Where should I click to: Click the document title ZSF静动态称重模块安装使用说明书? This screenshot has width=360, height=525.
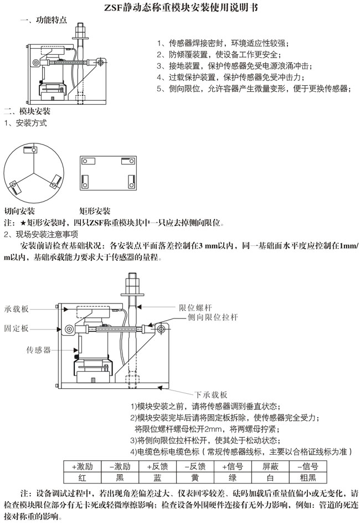click(180, 8)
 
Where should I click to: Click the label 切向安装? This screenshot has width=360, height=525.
click(19, 211)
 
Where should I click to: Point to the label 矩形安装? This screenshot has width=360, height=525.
click(95, 211)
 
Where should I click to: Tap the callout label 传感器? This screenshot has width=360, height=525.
click(39, 350)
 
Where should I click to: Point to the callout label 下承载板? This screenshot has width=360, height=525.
click(209, 394)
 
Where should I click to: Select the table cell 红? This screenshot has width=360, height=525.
click(82, 476)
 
